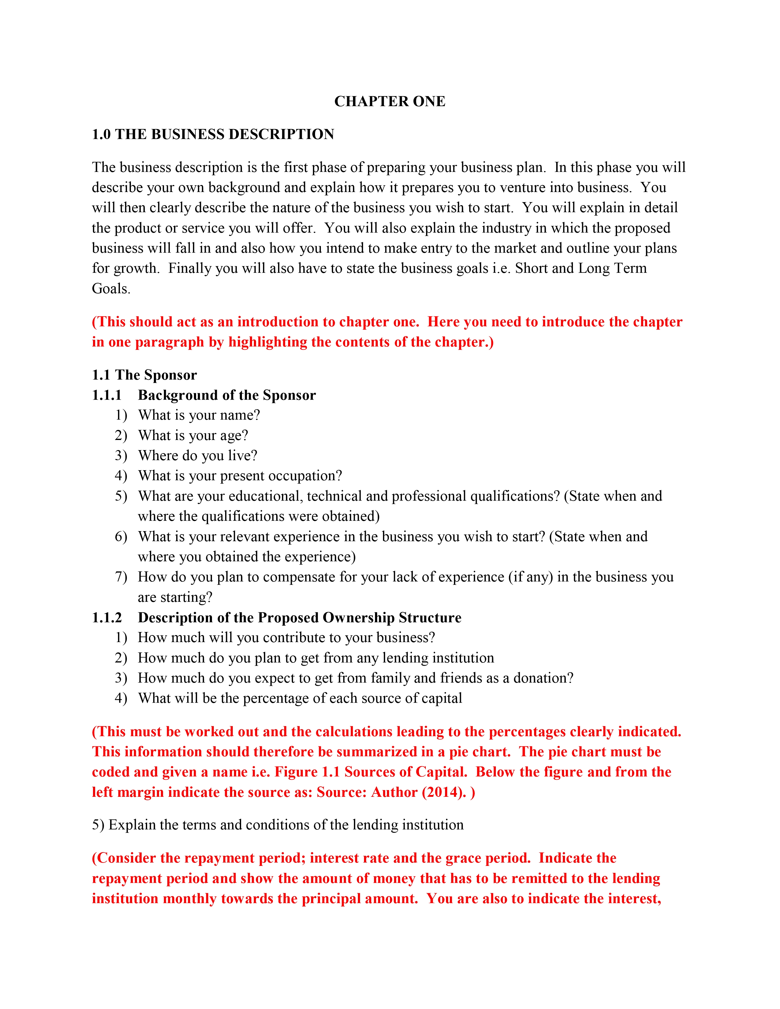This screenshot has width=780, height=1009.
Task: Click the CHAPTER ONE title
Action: pyautogui.click(x=389, y=101)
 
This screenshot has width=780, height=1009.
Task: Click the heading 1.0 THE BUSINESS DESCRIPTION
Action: pyautogui.click(x=213, y=135)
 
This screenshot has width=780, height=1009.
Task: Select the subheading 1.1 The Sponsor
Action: pyautogui.click(x=144, y=375)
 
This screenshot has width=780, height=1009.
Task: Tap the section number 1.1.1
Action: pyautogui.click(x=107, y=395)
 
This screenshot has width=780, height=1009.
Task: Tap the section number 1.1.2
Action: pyautogui.click(x=107, y=618)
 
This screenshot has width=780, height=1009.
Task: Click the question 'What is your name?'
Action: pyautogui.click(x=199, y=415)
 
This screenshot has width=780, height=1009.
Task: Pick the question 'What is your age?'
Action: pyautogui.click(x=193, y=435)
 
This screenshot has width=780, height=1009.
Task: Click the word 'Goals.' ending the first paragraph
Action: pyautogui.click(x=111, y=289)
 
